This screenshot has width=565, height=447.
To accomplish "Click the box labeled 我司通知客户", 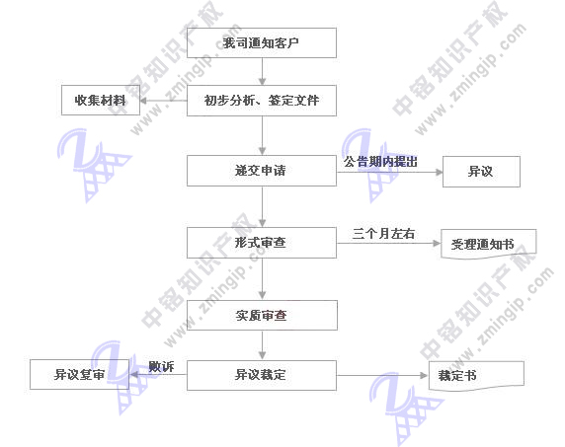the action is [262, 42].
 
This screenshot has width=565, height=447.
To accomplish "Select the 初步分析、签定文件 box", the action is [262, 101].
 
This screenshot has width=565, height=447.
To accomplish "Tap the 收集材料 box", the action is [101, 100].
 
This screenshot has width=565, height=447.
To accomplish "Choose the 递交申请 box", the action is [262, 171].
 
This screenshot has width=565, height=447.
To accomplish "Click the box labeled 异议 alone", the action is [481, 172].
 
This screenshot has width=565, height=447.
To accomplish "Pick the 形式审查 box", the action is [262, 243].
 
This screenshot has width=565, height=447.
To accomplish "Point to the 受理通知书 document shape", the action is [488, 244].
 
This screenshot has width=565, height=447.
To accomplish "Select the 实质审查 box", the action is [262, 316].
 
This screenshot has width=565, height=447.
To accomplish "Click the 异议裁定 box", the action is [262, 375].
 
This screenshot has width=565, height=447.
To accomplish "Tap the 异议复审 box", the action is [79, 374].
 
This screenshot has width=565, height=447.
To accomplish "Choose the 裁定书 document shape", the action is [476, 376].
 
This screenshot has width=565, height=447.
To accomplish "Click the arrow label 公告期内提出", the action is [380, 162].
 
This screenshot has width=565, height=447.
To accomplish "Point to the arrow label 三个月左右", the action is [383, 234].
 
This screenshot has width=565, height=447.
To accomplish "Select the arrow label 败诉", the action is [161, 366].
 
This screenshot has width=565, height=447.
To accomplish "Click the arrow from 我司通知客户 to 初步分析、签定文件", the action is [262, 71].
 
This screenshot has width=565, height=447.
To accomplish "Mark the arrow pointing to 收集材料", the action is [163, 101].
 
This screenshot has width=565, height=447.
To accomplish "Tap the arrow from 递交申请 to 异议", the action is [389, 172].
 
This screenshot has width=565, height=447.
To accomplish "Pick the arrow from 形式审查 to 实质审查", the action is [262, 279].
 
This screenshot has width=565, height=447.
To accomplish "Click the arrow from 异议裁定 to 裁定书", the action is [382, 375].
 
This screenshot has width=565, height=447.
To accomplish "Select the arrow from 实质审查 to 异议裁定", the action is [262, 345].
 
